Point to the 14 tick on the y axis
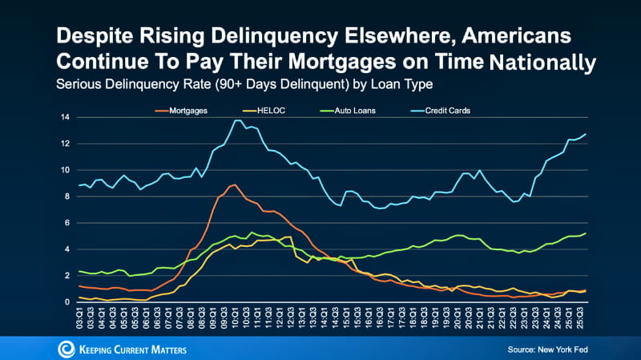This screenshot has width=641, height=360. point(68,118)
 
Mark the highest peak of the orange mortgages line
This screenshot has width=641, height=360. point(233,184)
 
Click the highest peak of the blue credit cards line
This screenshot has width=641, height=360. point(237,120)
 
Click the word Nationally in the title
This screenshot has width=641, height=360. point(545,63)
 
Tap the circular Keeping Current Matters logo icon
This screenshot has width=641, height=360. point(67,349)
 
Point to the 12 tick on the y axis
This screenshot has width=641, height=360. point(68,144)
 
